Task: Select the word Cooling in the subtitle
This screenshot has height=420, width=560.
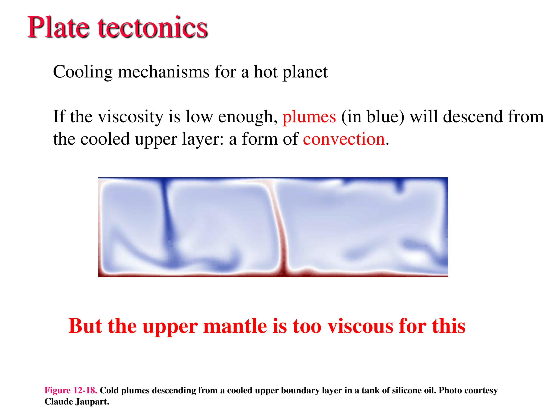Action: coord(83,72)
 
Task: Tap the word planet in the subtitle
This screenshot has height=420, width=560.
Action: coord(305,72)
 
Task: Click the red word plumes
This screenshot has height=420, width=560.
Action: coord(309,117)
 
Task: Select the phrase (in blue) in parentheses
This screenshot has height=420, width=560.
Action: coord(373,117)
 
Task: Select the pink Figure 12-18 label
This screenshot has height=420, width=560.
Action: coord(71,390)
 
